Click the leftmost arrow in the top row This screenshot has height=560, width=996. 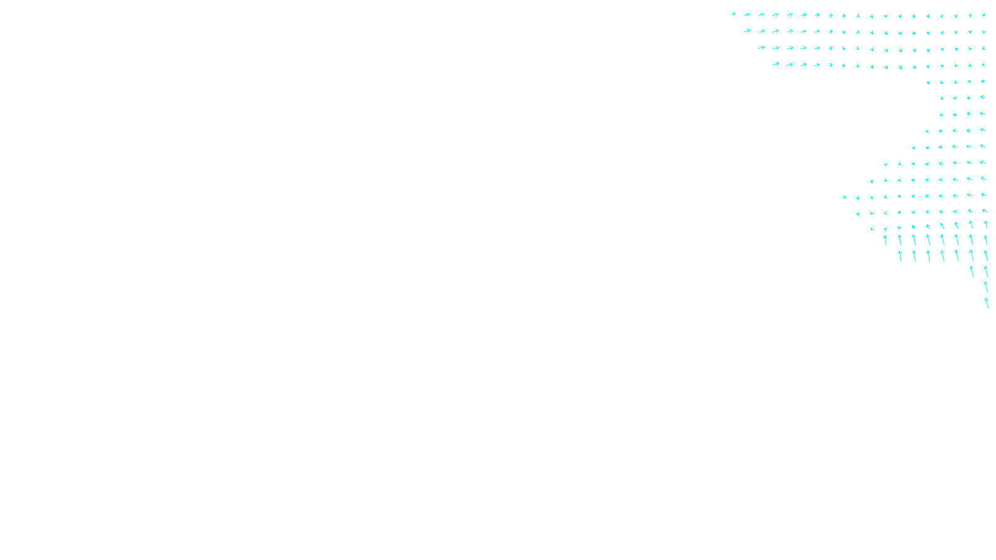coord(733,14)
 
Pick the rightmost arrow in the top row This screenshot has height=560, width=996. coord(984,15)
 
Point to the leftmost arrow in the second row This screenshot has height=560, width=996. coord(747,30)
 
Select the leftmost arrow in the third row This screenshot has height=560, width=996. coord(761,47)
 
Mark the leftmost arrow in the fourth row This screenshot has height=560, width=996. coord(776,64)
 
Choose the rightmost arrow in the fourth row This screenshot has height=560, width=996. coord(984,65)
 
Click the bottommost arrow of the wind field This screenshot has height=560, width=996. coord(987,302)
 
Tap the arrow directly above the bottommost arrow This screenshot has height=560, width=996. coord(986,286)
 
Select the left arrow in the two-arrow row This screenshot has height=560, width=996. coord(972,271)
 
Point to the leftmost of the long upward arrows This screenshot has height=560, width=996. coord(886,240)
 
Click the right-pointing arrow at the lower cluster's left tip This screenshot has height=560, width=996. coord(845,197)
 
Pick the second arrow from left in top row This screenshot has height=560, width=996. coord(747,14)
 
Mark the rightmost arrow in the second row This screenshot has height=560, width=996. coord(984,31)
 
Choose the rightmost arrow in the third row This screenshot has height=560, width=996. coord(984,48)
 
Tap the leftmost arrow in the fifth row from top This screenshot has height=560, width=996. coord(928,82)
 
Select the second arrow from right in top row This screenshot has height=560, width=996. coord(970,15)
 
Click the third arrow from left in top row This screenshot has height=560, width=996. coord(761,14)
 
